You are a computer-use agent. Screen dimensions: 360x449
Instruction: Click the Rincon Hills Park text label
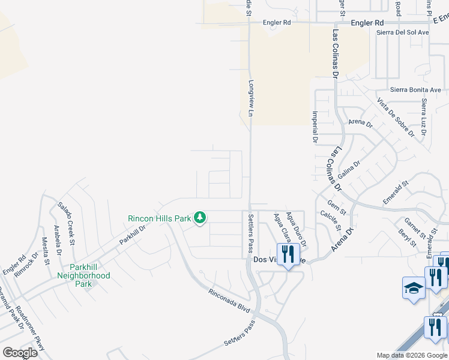coord(159,218)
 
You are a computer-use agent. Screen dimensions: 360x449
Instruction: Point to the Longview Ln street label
coord(252,95)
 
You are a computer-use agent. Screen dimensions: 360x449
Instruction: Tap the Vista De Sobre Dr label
coord(396,117)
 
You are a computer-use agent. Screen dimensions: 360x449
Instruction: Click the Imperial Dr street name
coord(315,127)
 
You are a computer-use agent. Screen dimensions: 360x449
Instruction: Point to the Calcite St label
coord(330,220)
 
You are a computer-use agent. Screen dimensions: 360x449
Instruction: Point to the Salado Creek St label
coord(65,223)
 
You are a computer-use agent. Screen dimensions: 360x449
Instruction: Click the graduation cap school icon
coord(414,289)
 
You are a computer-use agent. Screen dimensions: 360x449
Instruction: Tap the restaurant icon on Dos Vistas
coord(288,254)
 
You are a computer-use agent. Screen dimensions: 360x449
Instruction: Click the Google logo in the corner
coord(20,353)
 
